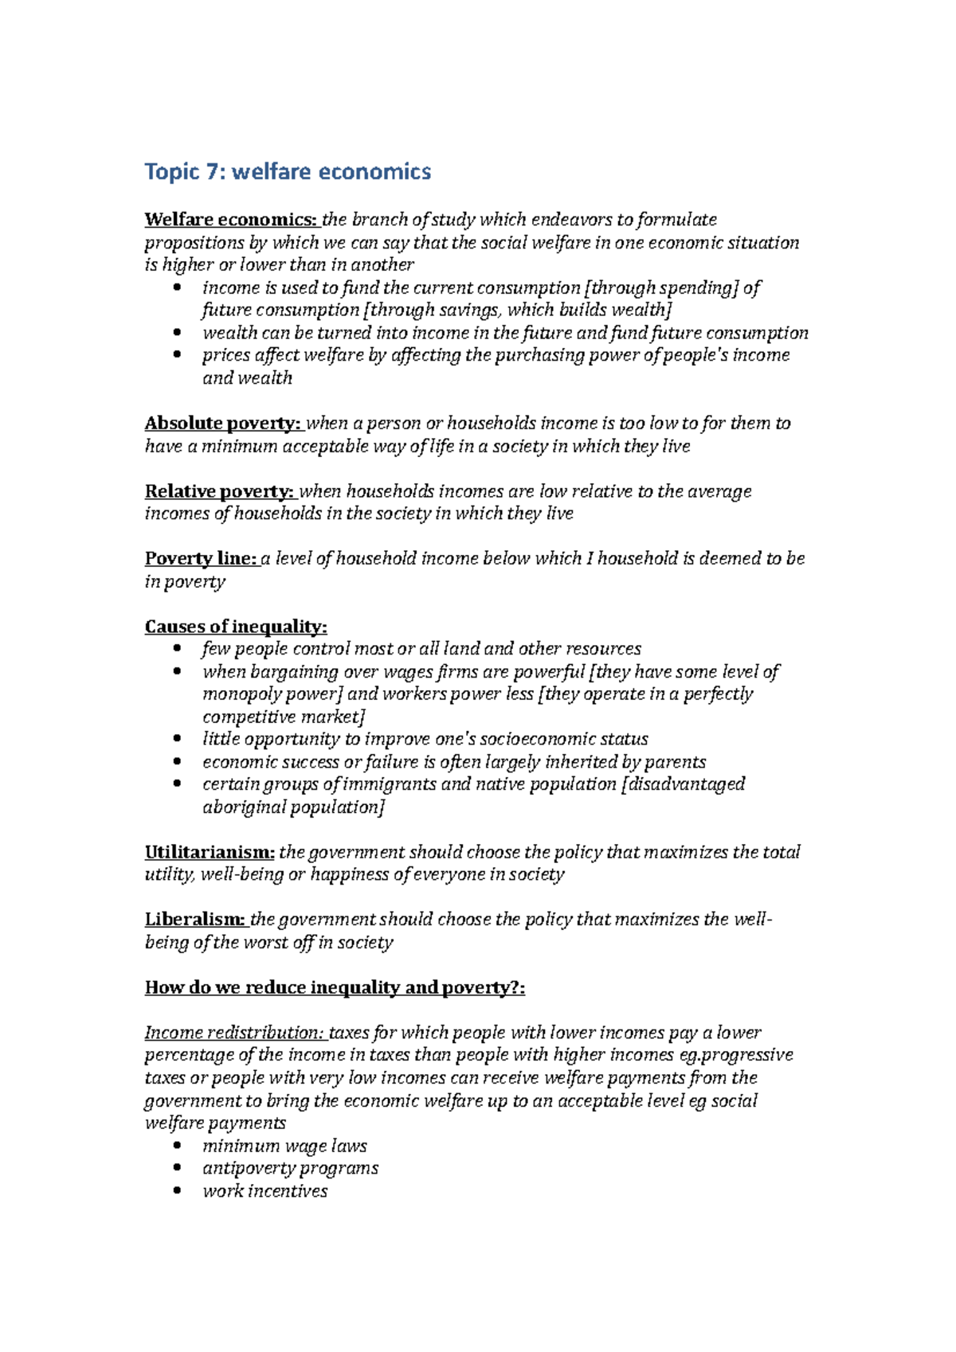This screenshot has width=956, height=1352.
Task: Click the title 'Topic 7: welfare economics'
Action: [288, 172]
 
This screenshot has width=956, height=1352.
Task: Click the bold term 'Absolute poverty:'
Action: [222, 423]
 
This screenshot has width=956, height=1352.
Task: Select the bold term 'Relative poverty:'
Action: [219, 491]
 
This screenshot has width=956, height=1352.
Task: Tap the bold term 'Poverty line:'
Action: [200, 559]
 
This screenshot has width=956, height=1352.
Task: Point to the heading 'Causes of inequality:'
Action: [236, 627]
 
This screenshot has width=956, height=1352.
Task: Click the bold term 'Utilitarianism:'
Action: [210, 853]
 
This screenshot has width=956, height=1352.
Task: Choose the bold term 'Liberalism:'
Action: [195, 920]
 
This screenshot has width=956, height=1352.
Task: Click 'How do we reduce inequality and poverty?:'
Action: [335, 988]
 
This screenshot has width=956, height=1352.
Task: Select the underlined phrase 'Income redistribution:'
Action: [234, 1033]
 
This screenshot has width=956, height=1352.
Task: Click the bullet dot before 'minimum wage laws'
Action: [178, 1147]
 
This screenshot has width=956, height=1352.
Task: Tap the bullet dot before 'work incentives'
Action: [178, 1192]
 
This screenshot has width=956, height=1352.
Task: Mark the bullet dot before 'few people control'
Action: [178, 649]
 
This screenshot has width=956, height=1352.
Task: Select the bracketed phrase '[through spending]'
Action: [661, 288]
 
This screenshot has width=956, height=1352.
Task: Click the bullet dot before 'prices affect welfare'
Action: [178, 355]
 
